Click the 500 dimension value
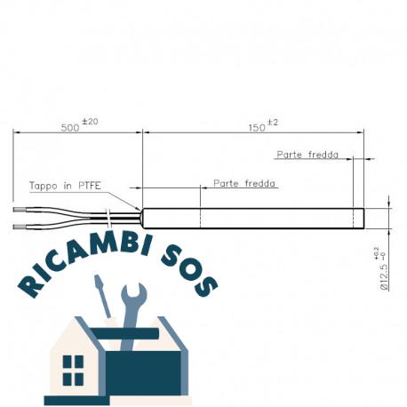pos(70,128)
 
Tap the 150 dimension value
pos(257,128)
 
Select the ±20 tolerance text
pos(90,122)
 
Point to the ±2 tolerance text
pos(273,123)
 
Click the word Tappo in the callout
pos(44,186)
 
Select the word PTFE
pos(90,186)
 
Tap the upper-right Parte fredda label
pos(307,155)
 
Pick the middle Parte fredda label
pos(244,184)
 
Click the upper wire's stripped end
pos(20,210)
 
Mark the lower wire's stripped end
pos(20,227)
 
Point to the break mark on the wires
pos(108,219)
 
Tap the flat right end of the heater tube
pos(363,219)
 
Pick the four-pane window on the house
pos(73,371)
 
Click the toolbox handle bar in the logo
pos(124,334)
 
